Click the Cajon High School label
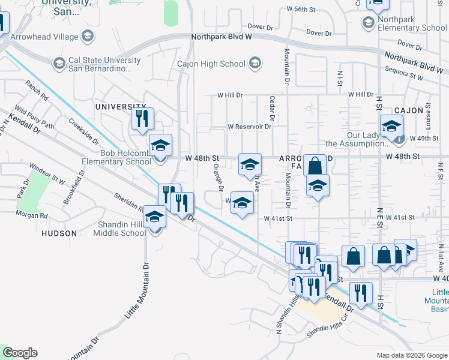[x=211, y=64]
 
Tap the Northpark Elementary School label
[x=412, y=23]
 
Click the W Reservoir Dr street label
[x=250, y=127]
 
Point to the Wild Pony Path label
[x=34, y=118]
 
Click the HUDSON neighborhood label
[x=59, y=233]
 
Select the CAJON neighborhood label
[x=409, y=111]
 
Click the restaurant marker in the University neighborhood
[x=142, y=119]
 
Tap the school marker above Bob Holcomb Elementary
[x=160, y=145]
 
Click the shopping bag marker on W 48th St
[x=315, y=164]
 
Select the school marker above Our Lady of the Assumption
[x=391, y=127]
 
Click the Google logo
[x=20, y=353]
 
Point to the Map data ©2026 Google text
[x=411, y=355]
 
